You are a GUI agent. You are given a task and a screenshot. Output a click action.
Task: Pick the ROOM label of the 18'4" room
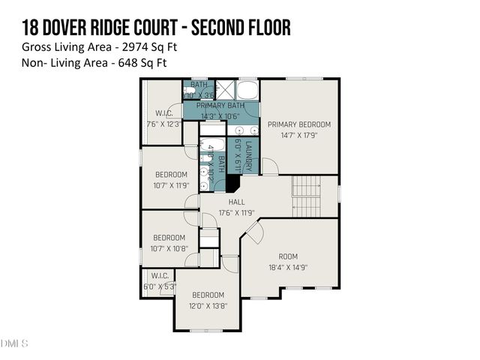click(288, 256)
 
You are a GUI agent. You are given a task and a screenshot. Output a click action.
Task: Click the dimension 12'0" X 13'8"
click(208, 305)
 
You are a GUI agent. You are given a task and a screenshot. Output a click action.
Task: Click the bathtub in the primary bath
click(247, 91)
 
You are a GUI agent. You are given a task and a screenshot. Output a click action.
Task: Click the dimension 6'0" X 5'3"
click(159, 286)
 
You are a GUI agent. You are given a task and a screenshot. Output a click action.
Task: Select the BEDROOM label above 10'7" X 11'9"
click(170, 174)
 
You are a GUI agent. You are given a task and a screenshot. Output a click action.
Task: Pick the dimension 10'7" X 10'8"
click(170, 248)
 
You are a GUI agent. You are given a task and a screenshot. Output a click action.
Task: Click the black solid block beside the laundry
click(232, 183)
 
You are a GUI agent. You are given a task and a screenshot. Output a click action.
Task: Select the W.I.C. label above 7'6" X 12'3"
click(164, 113)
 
